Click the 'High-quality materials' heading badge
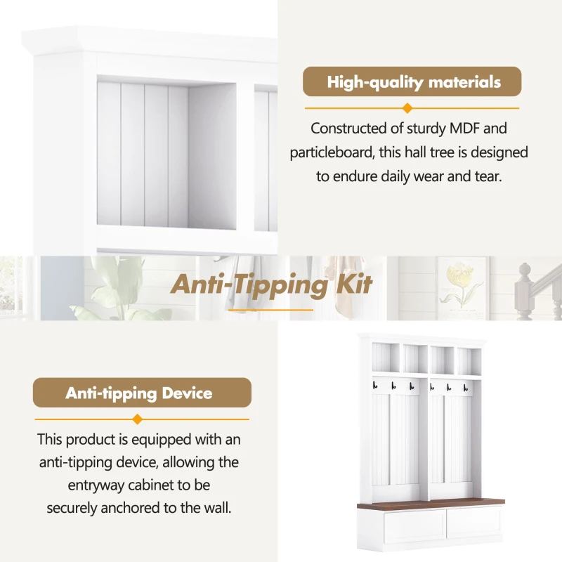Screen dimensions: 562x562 412,81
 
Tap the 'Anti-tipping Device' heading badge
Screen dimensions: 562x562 142,393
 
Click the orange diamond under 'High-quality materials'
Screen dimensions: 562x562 407,108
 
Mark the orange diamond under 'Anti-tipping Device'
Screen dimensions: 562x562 137,419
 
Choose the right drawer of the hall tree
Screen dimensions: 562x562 473,524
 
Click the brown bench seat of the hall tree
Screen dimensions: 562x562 431,503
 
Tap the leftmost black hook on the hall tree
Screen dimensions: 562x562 375,386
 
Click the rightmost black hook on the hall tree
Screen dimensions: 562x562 466,388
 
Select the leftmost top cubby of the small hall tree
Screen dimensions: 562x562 386,358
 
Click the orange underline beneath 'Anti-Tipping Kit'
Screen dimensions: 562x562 270,310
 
